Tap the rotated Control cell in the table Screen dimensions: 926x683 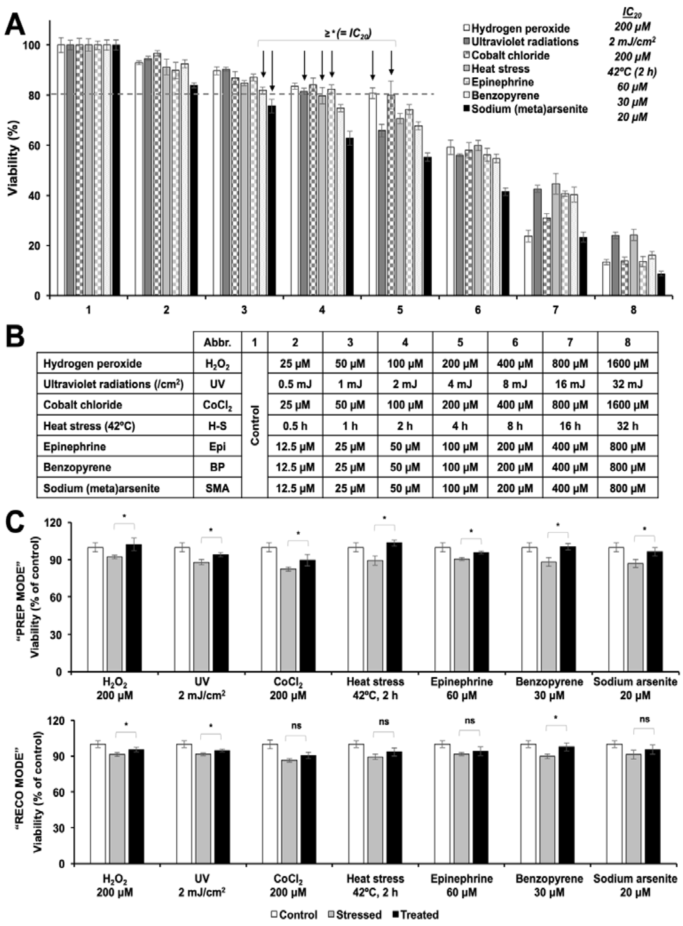pyautogui.click(x=255, y=426)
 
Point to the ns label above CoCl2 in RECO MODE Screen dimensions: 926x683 pyautogui.click(x=296, y=725)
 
